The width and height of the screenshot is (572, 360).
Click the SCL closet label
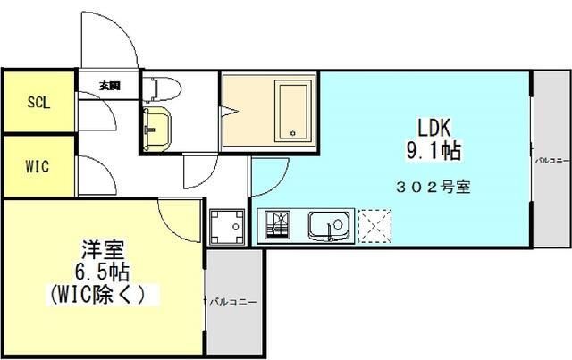38,102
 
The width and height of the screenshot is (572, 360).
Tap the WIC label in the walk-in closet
38,167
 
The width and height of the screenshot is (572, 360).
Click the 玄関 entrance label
109,87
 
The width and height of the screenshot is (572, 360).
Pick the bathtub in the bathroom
293,111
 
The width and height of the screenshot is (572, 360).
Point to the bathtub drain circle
291,134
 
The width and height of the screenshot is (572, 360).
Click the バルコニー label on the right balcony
547,162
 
